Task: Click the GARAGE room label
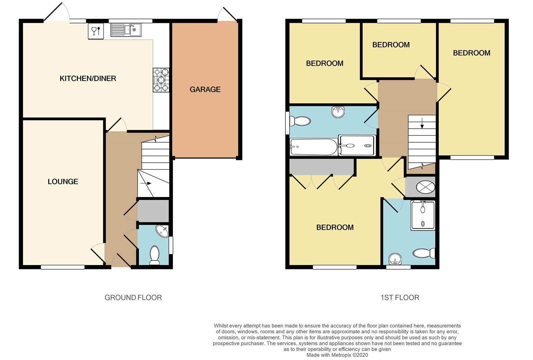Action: [205, 89]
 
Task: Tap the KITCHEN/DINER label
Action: [88, 78]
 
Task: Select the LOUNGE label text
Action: [63, 182]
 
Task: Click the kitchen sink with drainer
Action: [126, 30]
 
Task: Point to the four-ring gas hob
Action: [161, 80]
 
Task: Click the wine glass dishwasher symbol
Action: [95, 31]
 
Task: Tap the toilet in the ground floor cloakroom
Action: [155, 255]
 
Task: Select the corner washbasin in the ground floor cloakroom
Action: [162, 231]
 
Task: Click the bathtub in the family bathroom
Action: [313, 147]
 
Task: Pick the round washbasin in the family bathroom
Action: [338, 112]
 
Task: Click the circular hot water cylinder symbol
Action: [425, 187]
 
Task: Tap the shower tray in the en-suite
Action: [423, 215]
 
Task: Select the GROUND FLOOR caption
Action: [133, 297]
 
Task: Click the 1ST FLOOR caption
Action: [400, 297]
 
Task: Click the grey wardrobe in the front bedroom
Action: [321, 167]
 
